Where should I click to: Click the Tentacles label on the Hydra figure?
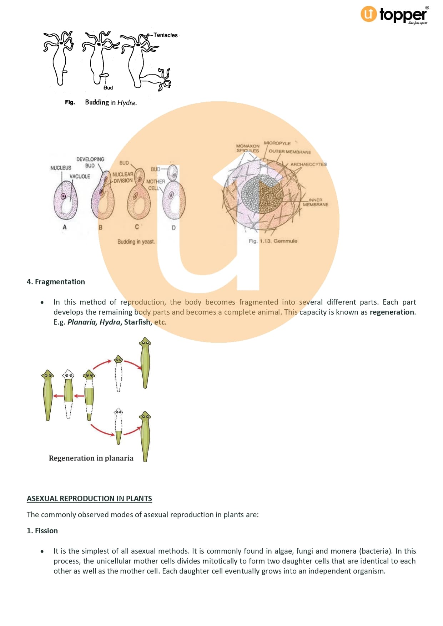pyautogui.click(x=165, y=35)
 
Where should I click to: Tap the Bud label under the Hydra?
pyautogui.click(x=108, y=88)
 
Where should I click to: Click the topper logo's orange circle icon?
pyautogui.click(x=368, y=14)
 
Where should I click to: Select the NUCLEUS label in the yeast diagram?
pyautogui.click(x=61, y=168)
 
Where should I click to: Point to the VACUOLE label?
pyautogui.click(x=80, y=176)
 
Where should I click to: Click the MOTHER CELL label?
pyautogui.click(x=155, y=185)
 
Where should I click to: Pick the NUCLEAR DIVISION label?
pyautogui.click(x=123, y=177)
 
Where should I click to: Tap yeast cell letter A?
pyautogui.click(x=65, y=227)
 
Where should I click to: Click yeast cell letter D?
pyautogui.click(x=173, y=228)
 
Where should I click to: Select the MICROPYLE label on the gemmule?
pyautogui.click(x=277, y=143)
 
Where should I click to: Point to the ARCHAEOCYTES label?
pyautogui.click(x=308, y=164)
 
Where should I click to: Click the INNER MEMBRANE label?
pyautogui.click(x=316, y=202)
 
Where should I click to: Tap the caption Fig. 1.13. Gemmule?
pyautogui.click(x=273, y=241)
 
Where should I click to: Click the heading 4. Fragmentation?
pyautogui.click(x=56, y=282)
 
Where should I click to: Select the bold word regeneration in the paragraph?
pyautogui.click(x=392, y=312)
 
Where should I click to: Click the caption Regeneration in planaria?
pyautogui.click(x=91, y=458)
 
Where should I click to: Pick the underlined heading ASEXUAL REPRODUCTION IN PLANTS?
pyautogui.click(x=89, y=499)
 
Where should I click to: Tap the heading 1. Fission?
pyautogui.click(x=42, y=531)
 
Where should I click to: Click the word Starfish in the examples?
pyautogui.click(x=137, y=322)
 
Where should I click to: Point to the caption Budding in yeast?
pyautogui.click(x=136, y=241)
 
